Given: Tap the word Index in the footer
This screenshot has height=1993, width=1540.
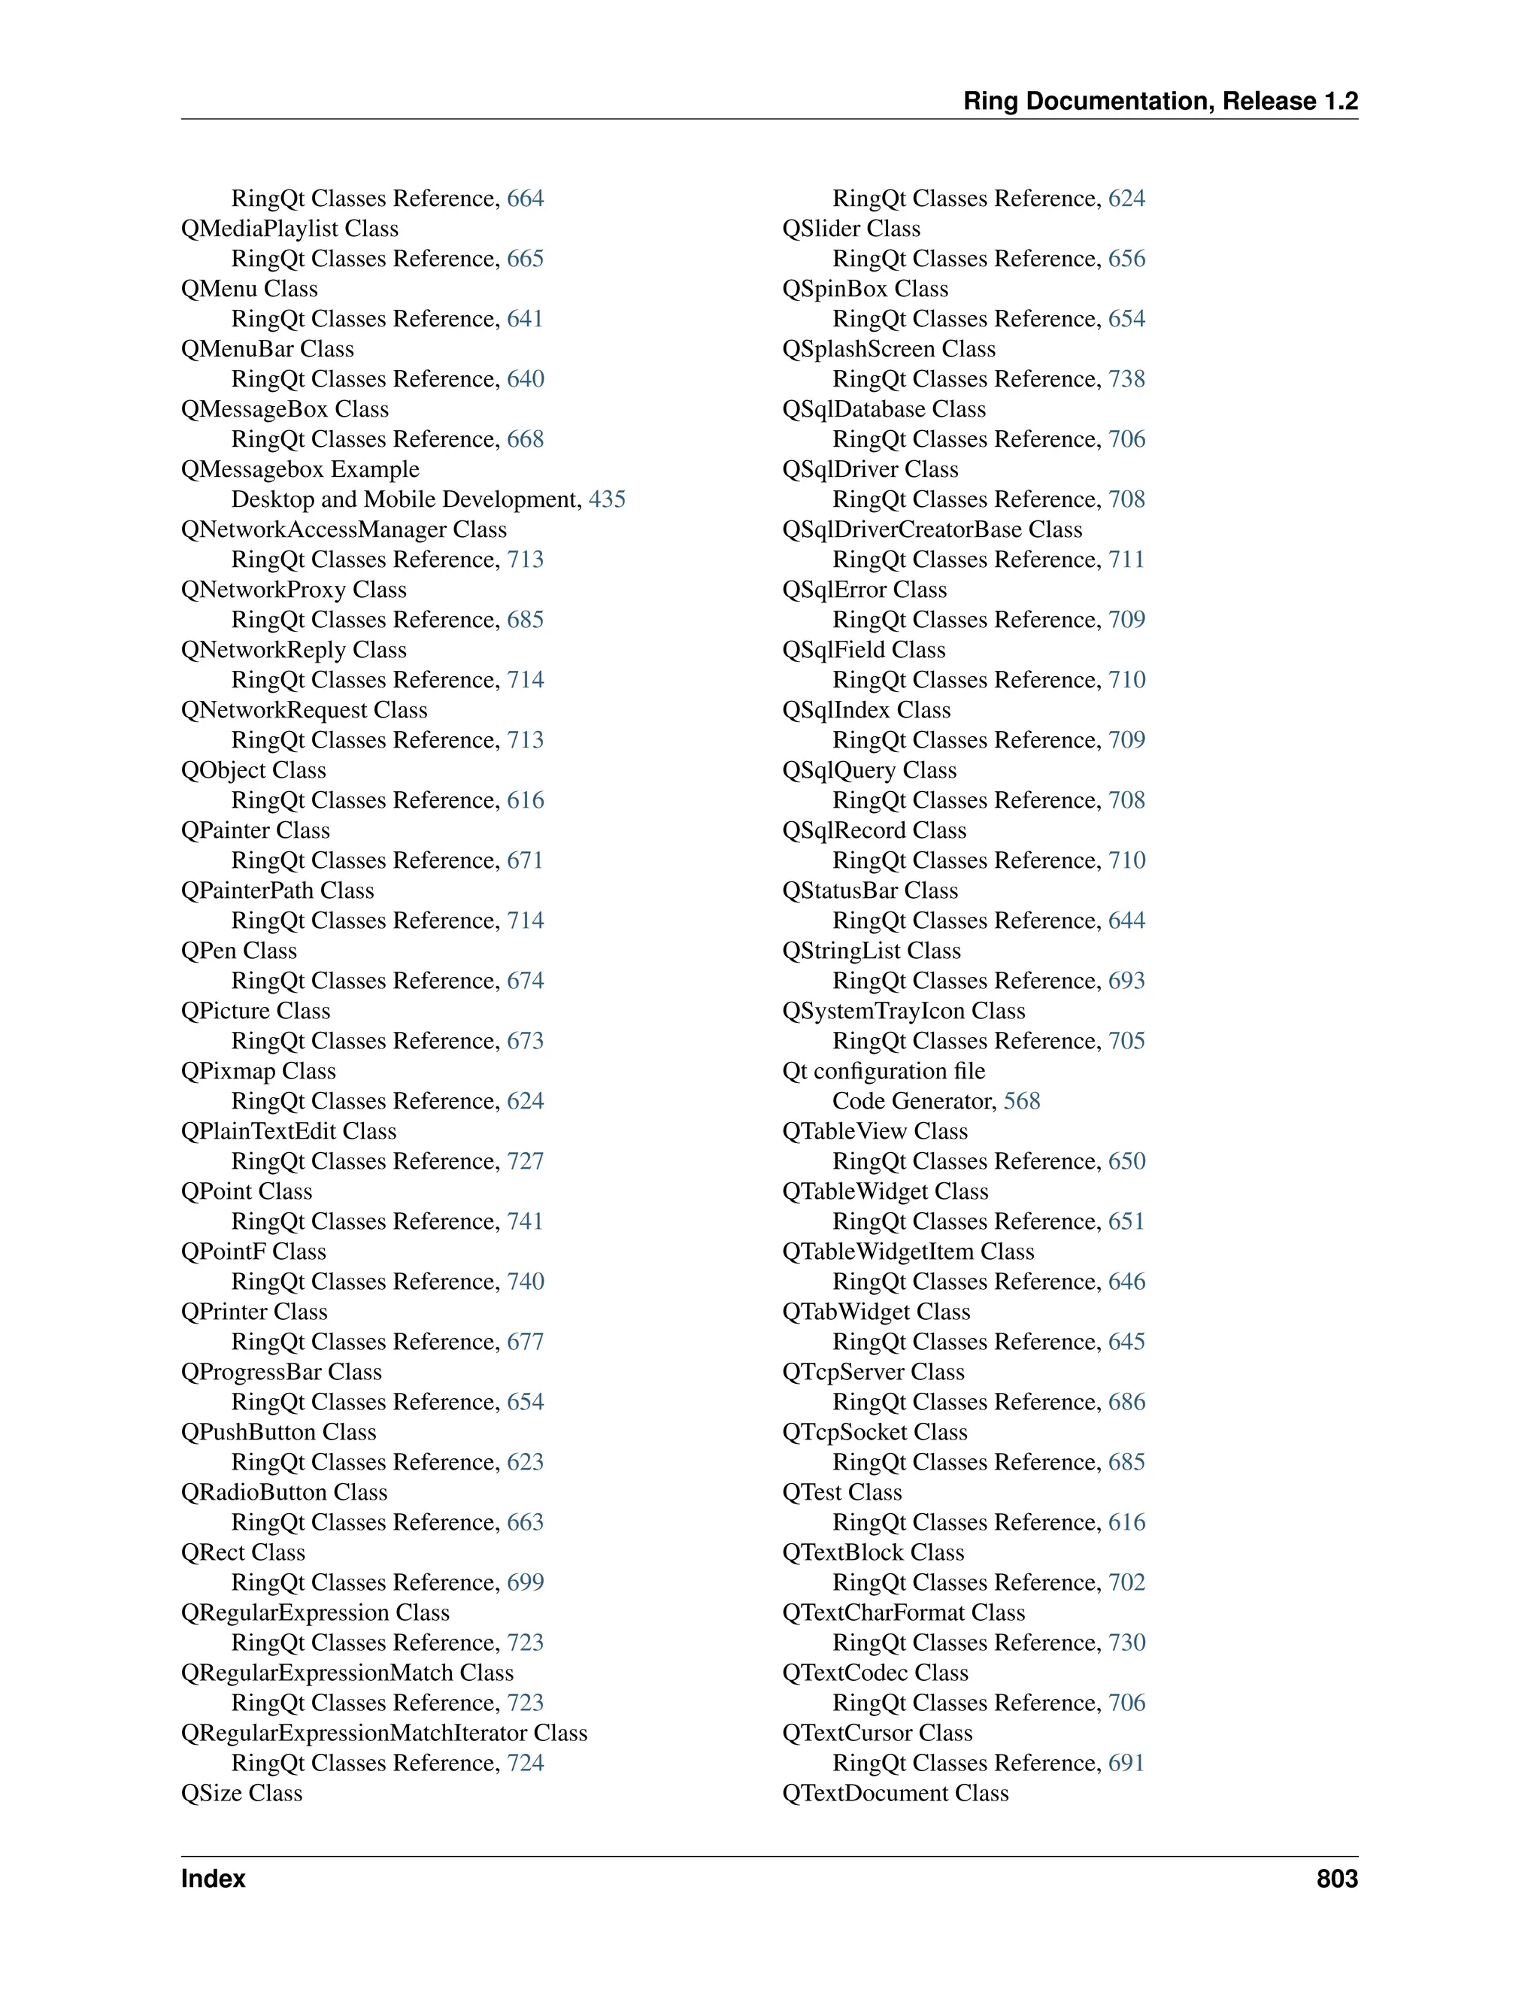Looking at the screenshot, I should pos(213,1879).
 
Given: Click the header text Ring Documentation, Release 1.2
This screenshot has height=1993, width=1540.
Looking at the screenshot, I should pos(1160,102).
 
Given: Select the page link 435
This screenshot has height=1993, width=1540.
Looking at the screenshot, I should pos(607,499).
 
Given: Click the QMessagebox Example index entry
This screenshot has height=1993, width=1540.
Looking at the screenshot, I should pos(300,469).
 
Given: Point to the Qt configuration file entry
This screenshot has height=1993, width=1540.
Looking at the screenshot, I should pos(883,1070).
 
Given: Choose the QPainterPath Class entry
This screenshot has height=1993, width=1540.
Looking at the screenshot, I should pos(277,890).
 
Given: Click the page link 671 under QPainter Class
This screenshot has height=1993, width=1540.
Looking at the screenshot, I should pos(525,860).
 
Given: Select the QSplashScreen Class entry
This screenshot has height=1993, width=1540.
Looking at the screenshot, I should pos(889,349).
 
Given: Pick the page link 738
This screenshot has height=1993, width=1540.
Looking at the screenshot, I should pos(1126,379).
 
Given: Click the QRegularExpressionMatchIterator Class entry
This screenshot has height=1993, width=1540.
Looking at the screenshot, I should pos(384,1732).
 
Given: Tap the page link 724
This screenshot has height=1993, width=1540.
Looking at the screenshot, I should pos(525,1762).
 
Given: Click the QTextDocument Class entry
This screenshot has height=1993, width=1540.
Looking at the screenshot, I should pos(895,1792).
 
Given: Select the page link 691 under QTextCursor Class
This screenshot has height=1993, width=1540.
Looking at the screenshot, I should pos(1126,1762).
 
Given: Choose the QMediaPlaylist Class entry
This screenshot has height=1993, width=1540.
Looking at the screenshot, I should pos(290,228).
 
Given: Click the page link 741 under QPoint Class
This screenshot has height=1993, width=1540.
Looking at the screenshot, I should pos(525,1221).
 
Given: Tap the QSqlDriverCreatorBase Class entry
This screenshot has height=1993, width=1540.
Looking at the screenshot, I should pos(932,529).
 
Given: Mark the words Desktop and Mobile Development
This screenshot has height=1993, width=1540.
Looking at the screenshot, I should pos(405,499).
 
